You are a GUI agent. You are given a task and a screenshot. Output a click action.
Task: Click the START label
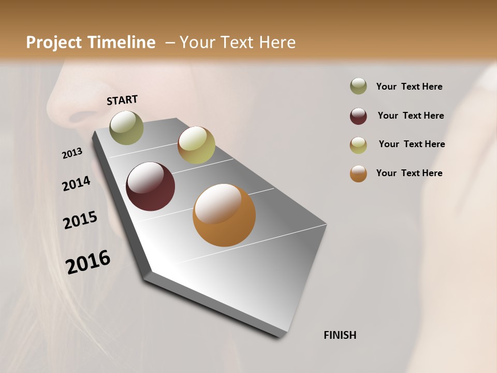click(122, 100)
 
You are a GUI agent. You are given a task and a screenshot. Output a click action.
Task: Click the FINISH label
click(340, 335)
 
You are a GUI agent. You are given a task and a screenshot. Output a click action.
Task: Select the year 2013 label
click(72, 153)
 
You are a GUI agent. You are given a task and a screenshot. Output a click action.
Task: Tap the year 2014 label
click(76, 183)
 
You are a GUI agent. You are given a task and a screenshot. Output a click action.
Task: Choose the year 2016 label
click(88, 262)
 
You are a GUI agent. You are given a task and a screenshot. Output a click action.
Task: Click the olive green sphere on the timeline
click(126, 127)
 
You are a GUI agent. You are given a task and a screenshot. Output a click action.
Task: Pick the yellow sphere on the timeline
click(196, 145)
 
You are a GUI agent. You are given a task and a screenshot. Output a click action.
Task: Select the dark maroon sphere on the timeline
click(150, 187)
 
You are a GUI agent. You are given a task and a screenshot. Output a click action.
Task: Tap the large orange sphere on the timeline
click(224, 215)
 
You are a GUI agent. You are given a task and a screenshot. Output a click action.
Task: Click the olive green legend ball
click(358, 87)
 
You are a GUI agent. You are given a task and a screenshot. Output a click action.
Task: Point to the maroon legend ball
click(358, 116)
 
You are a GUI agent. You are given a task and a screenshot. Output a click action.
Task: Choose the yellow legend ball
click(358, 145)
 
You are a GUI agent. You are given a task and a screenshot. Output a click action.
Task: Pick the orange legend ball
click(358, 174)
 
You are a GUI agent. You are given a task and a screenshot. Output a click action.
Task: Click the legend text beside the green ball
click(409, 87)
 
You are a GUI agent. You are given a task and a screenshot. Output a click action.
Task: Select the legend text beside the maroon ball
click(411, 116)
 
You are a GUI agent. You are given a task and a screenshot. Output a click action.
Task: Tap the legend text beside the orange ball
click(409, 173)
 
